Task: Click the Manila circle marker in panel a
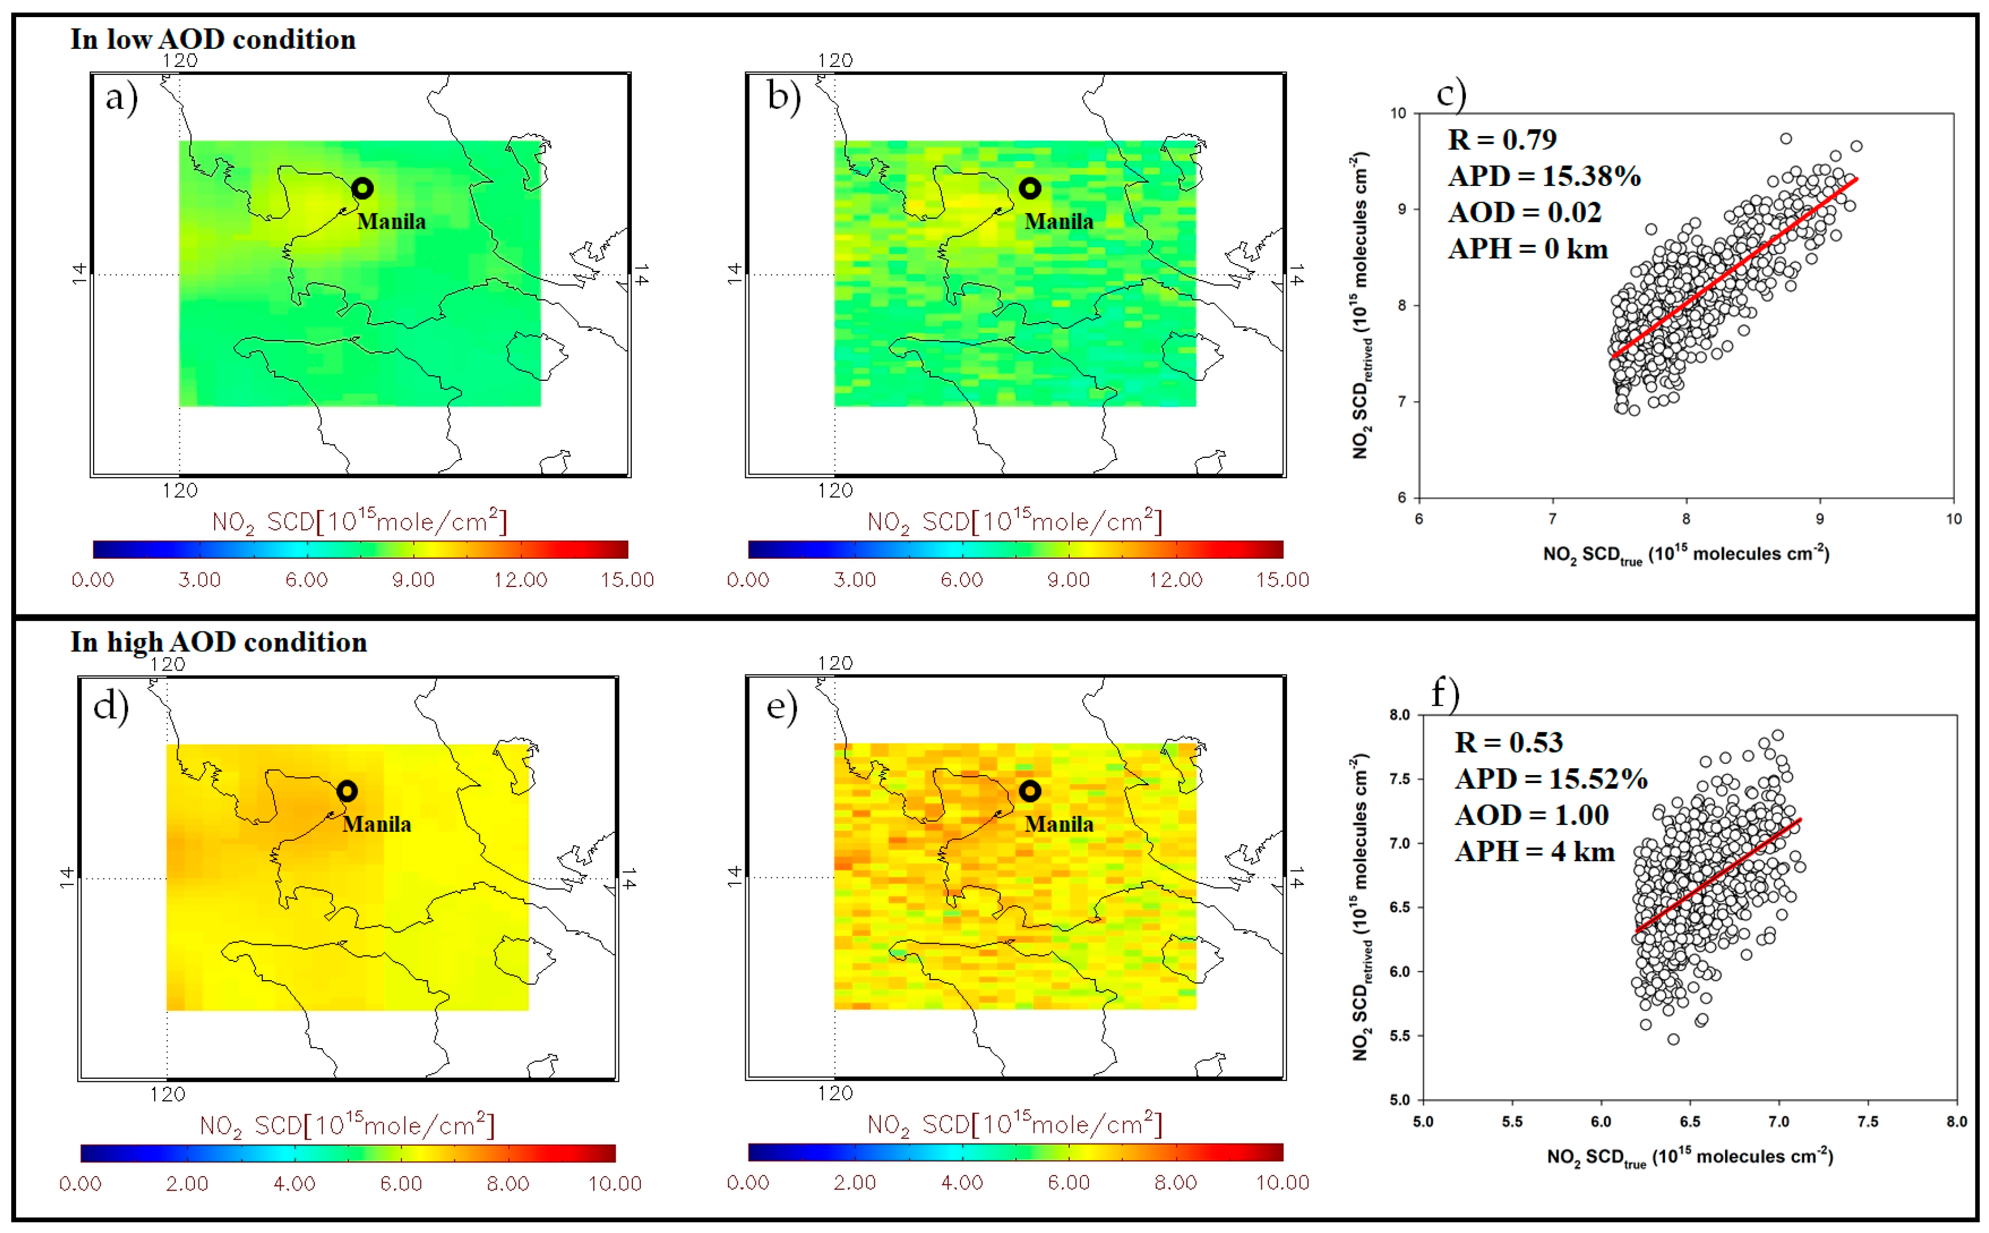(x=363, y=189)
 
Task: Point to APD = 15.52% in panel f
(x=1551, y=779)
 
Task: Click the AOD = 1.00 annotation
(x=1532, y=815)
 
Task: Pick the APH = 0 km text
(x=1527, y=249)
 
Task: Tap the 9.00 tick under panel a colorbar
(x=413, y=580)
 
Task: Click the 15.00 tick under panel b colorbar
(x=1282, y=580)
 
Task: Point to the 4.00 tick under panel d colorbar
(x=294, y=1183)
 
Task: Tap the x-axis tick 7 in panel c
(x=1552, y=518)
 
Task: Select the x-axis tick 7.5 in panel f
(x=1867, y=1121)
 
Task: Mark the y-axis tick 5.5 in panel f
(x=1400, y=1036)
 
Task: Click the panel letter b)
(x=783, y=96)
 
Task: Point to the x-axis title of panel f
(x=1689, y=1157)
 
